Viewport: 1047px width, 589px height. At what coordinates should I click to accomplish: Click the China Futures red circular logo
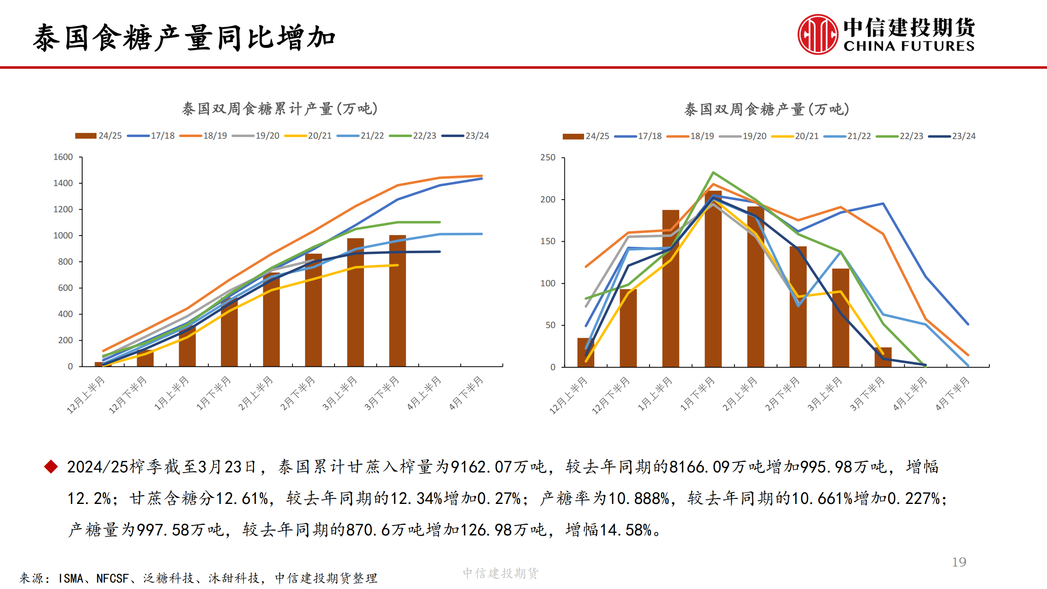tap(817, 35)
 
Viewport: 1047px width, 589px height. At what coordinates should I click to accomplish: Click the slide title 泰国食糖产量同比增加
tap(184, 38)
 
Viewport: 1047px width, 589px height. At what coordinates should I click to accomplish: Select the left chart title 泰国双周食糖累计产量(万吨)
tap(280, 109)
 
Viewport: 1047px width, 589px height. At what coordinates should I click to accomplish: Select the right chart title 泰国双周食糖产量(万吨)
tap(767, 109)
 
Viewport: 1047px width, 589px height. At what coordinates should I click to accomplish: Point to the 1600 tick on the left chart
tap(63, 157)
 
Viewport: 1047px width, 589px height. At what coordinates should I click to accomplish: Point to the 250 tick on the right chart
tap(548, 157)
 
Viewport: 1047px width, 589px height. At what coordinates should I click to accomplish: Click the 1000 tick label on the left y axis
tap(63, 236)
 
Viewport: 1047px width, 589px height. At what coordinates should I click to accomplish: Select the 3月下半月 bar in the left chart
tap(398, 301)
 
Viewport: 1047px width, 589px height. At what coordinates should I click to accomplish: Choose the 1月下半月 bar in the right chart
tap(713, 278)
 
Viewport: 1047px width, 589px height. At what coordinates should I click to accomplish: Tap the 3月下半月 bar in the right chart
tap(883, 357)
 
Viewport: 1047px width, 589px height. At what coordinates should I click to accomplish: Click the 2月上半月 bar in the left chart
tap(271, 319)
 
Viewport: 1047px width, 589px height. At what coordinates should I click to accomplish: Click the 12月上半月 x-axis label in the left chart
tap(86, 395)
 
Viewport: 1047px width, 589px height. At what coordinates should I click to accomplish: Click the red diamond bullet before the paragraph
tap(51, 467)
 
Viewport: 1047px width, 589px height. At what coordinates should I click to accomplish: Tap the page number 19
tap(959, 562)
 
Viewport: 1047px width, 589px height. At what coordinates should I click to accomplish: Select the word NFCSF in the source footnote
tap(112, 578)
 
